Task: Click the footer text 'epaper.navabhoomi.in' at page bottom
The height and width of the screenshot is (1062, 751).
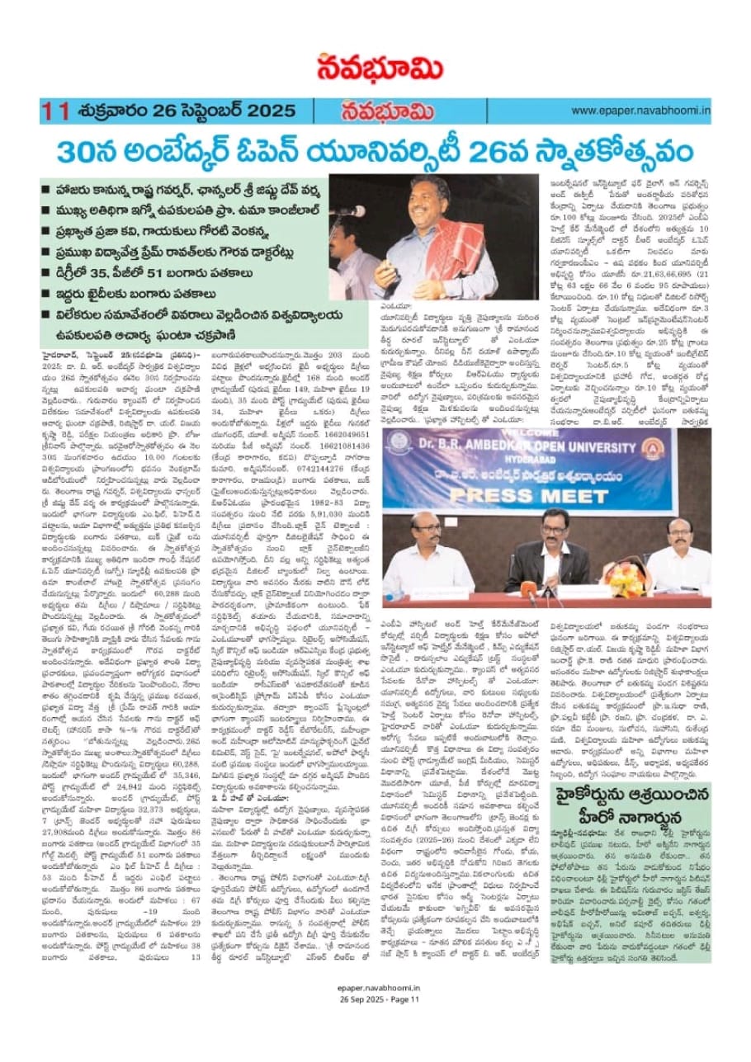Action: (375, 1036)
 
